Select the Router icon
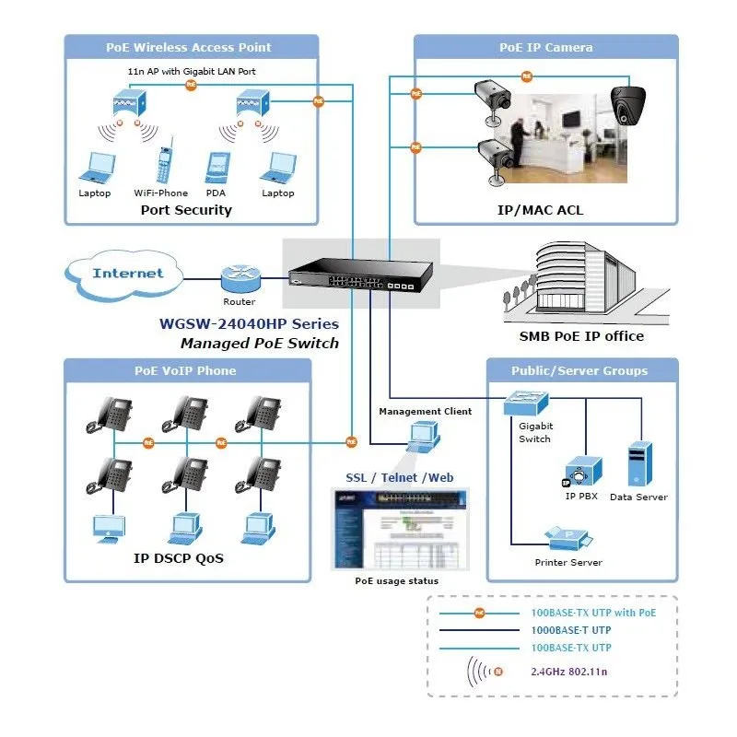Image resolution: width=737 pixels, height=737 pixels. pos(238,278)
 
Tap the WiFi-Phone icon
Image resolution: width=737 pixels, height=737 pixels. pos(167,161)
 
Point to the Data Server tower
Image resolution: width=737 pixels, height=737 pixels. pos(639,464)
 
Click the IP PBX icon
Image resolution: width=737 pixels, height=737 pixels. pos(582,472)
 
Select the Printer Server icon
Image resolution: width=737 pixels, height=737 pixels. pos(568,536)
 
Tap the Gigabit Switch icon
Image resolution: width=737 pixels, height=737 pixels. pos(526,403)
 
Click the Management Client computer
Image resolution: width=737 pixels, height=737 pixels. pos(425,436)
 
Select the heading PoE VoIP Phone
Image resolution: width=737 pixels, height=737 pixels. pos(185,371)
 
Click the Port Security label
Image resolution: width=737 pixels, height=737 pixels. pos(186,210)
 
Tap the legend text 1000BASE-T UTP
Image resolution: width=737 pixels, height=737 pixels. pos(571,631)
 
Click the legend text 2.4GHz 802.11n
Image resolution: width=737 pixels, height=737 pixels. pos(568,672)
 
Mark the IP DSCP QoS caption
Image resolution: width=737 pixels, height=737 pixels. pos(179,558)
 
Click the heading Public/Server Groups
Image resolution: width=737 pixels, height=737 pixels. pos(579,371)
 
